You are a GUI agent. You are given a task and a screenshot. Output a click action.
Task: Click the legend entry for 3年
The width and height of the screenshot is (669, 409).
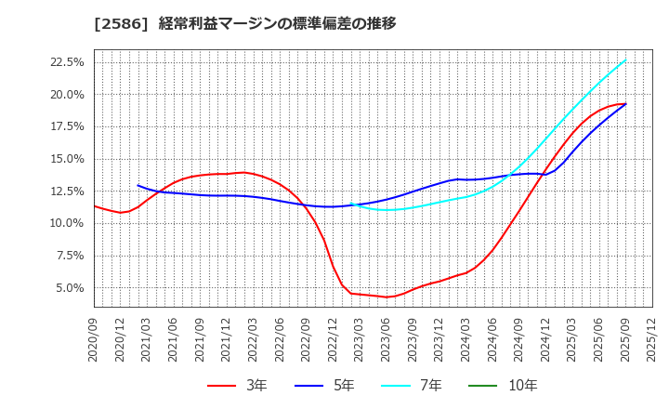click(x=237, y=385)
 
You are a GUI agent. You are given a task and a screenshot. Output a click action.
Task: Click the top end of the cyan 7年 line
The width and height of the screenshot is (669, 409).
click(x=625, y=60)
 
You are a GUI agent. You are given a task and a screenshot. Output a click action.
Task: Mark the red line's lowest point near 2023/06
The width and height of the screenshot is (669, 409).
click(x=387, y=297)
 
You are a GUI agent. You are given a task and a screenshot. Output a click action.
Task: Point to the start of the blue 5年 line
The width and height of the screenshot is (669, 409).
click(x=138, y=185)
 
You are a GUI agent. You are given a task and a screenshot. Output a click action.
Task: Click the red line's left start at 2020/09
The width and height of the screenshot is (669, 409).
click(x=94, y=205)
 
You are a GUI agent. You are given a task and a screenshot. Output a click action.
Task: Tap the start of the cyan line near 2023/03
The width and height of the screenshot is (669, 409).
click(x=350, y=204)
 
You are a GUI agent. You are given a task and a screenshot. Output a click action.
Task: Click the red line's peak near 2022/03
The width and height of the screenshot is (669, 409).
click(x=243, y=172)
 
